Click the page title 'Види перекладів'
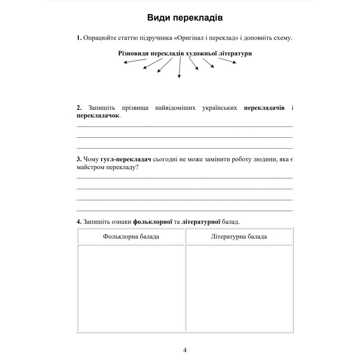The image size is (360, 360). pos(185,18)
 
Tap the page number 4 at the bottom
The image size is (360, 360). pos(185,350)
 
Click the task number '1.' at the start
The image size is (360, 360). pos(79,38)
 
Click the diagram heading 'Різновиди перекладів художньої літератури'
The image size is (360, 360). pos(185,53)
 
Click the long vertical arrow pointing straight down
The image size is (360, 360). pos(180,68)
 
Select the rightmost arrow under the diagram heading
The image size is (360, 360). pos(228,61)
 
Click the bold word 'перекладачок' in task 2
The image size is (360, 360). pos(98,116)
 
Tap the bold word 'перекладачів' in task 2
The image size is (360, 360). pos(264,108)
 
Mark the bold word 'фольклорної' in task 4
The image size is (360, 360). pos(153,222)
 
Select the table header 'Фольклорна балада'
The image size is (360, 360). pos(131,237)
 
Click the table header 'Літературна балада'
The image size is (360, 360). pos(239,237)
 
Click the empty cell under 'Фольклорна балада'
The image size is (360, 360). pos(131,288)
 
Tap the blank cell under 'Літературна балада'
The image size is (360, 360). pos(239,288)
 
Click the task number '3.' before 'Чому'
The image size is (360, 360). pos(79,160)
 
